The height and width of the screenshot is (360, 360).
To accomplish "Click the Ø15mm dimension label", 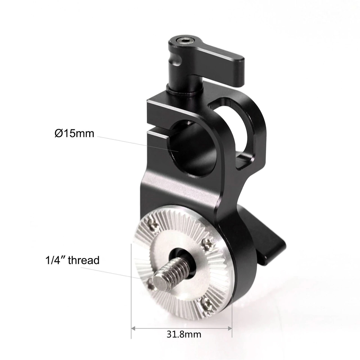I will click(x=74, y=133).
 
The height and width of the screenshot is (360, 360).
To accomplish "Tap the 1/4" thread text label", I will click(x=73, y=260).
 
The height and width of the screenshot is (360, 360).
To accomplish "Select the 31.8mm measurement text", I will click(x=184, y=334).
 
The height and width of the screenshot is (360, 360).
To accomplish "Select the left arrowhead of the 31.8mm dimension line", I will click(x=134, y=328).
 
